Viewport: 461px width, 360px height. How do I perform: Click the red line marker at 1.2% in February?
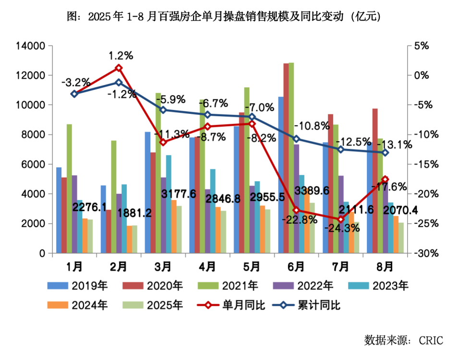(x=119, y=68)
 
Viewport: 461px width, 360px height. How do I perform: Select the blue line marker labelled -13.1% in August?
(x=385, y=153)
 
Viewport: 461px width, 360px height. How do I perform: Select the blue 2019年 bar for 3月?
(x=147, y=192)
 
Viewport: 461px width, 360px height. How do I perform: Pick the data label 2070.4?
(x=394, y=210)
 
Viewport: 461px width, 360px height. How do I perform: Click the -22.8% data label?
(x=300, y=220)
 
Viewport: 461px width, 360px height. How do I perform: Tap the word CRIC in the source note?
(x=431, y=340)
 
